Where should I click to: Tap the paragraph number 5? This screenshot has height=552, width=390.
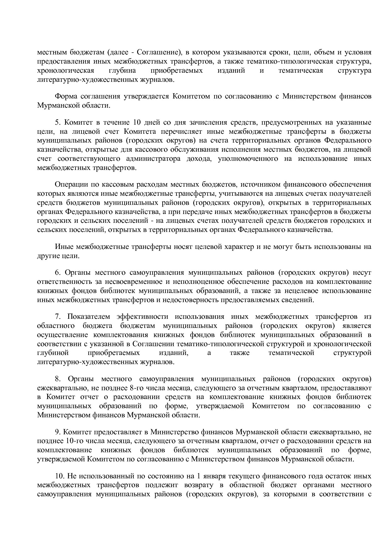[57, 122]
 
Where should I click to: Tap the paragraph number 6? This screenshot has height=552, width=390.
[57, 273]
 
